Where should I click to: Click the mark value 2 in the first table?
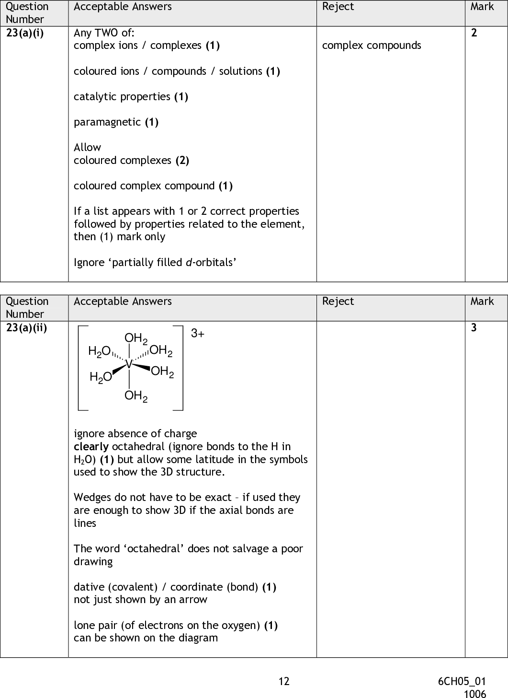[x=474, y=33]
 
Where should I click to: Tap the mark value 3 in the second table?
[x=474, y=328]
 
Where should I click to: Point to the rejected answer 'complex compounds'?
[x=372, y=46]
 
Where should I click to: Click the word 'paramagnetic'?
[x=107, y=122]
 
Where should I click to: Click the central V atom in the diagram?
[x=129, y=364]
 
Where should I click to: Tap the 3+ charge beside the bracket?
[x=197, y=334]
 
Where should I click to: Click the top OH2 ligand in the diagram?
[x=135, y=339]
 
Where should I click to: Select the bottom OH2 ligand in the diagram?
[x=135, y=396]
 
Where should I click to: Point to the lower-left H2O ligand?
[x=101, y=378]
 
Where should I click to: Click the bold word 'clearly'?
[x=91, y=447]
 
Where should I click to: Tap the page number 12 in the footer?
[x=284, y=681]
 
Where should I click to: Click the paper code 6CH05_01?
[x=462, y=681]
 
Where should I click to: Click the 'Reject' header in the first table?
[x=338, y=7]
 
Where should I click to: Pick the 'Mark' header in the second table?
[x=482, y=301]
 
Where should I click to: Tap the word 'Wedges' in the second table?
[x=91, y=498]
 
